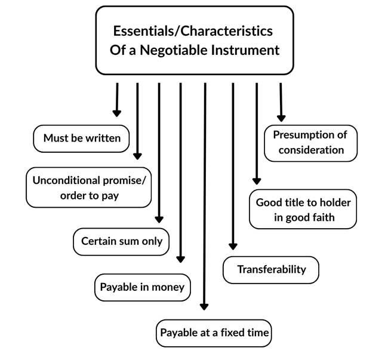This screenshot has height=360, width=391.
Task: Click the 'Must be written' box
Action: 81,139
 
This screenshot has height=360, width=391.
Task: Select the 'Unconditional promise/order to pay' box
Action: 89,187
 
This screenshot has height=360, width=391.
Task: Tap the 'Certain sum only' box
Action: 121,242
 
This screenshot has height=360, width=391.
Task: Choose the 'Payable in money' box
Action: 143,287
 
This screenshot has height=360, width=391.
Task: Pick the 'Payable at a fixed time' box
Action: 214,333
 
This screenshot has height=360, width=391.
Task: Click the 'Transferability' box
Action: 271,270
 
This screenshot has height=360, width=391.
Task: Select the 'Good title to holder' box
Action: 303,209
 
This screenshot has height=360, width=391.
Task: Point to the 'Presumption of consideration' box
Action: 310,143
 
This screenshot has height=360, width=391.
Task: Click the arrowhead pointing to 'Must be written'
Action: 116,113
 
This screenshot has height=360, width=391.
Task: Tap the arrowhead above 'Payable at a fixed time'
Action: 204,307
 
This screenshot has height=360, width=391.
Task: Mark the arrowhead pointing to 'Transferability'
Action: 233,247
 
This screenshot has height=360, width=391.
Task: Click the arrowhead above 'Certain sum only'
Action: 159,220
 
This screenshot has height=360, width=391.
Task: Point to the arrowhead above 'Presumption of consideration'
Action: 281,118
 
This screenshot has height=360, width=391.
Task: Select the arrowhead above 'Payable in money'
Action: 180,259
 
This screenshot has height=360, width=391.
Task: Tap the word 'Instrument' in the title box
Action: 245,50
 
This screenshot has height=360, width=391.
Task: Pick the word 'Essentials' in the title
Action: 143,31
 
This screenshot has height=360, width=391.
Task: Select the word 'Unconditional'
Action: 66,180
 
